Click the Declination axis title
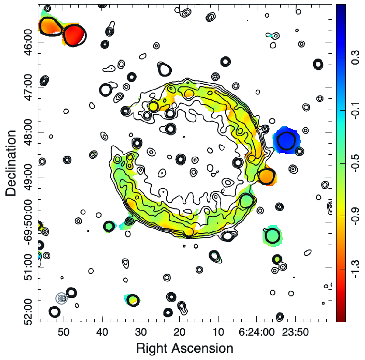(x=11, y=163)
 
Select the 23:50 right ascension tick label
(x=295, y=332)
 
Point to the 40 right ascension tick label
(x=102, y=332)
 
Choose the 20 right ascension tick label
(x=179, y=332)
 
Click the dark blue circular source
(x=286, y=140)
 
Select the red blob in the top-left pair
(x=74, y=35)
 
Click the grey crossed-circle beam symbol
(x=61, y=298)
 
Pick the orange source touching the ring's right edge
(x=266, y=176)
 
